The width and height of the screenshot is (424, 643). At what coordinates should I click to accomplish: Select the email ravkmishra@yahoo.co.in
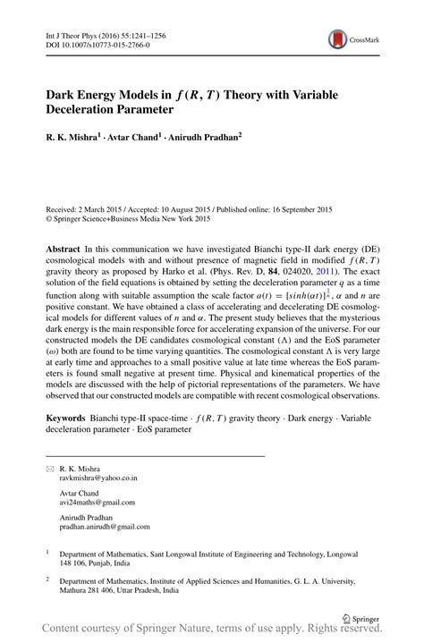pos(98,478)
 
